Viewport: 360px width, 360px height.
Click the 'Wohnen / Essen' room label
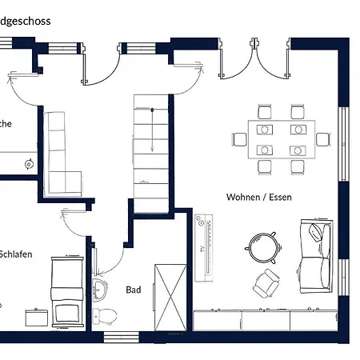click(x=259, y=196)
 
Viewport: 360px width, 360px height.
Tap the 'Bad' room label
click(x=134, y=290)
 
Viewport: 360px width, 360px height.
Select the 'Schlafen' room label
click(x=16, y=254)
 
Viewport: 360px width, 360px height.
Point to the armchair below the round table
click(x=266, y=280)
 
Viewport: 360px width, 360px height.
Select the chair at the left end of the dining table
click(x=239, y=139)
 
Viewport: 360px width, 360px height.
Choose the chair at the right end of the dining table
click(x=322, y=139)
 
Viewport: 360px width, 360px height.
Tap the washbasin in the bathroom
click(x=100, y=286)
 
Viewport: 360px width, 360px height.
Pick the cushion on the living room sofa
click(x=316, y=232)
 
